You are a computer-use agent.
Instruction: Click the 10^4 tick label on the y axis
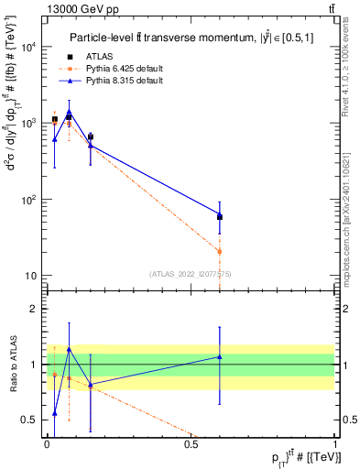pyautogui.click(x=28, y=47)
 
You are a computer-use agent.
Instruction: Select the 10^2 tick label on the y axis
pyautogui.click(x=28, y=200)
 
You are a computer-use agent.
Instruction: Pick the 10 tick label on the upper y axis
pyautogui.click(x=31, y=276)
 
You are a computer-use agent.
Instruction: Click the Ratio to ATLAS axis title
pyautogui.click(x=12, y=364)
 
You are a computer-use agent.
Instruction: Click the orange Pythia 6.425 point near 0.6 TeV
pyautogui.click(x=220, y=251)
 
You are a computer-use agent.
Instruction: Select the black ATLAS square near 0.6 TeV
pyautogui.click(x=220, y=217)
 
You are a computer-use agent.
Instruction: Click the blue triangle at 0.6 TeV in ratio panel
pyautogui.click(x=220, y=356)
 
